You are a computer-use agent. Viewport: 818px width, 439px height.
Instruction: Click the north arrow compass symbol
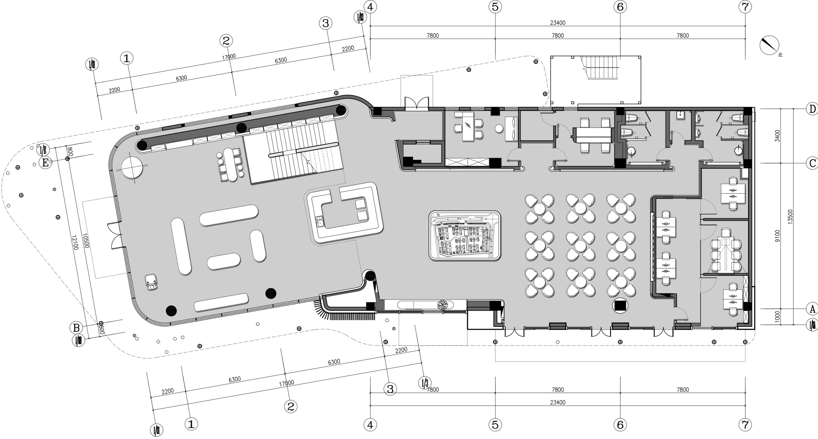point(769,45)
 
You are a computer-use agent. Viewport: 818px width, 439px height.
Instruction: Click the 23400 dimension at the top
point(557,23)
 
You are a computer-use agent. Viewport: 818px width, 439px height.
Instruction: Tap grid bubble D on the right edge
point(812,109)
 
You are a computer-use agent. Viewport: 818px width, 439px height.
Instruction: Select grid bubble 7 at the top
point(745,7)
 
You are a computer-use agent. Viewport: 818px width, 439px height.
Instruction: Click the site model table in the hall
point(465,235)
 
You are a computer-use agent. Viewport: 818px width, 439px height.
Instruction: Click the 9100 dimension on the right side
point(778,236)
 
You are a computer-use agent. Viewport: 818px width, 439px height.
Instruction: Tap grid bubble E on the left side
point(45,162)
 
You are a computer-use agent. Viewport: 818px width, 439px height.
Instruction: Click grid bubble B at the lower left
point(76,328)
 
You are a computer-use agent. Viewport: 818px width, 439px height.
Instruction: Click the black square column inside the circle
point(620,306)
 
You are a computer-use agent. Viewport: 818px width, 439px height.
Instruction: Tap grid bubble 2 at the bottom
point(291,406)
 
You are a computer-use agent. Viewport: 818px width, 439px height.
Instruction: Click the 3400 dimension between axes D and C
point(778,136)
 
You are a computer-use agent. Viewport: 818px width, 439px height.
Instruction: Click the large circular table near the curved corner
point(132,167)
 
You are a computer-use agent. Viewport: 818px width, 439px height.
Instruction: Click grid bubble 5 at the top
point(495,7)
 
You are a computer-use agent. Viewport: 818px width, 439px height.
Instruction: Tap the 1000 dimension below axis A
point(778,316)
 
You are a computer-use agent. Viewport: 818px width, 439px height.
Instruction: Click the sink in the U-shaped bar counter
point(319,221)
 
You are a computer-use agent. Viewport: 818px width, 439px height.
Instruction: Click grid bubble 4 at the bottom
point(370,424)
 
